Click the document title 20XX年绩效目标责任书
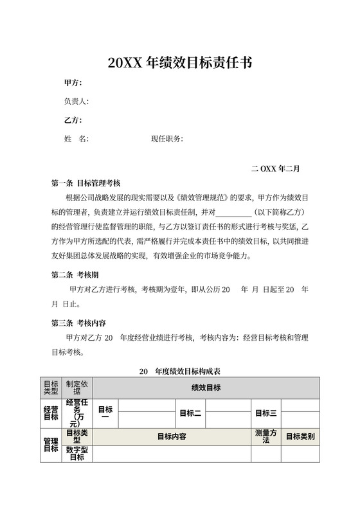pos(179,63)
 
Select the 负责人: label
pos(76,102)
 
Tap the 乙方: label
pos(73,120)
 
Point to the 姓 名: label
pos(76,139)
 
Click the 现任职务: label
pos(167,139)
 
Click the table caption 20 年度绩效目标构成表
pos(180,371)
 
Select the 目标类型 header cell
pos(51,387)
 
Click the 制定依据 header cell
pos(77,387)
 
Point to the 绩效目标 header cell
pos(206,387)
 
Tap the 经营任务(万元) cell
pos(77,413)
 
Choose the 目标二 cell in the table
pos(190,413)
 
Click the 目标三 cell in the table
pos(266,413)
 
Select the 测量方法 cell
pos(266,436)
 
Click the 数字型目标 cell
pos(77,454)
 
